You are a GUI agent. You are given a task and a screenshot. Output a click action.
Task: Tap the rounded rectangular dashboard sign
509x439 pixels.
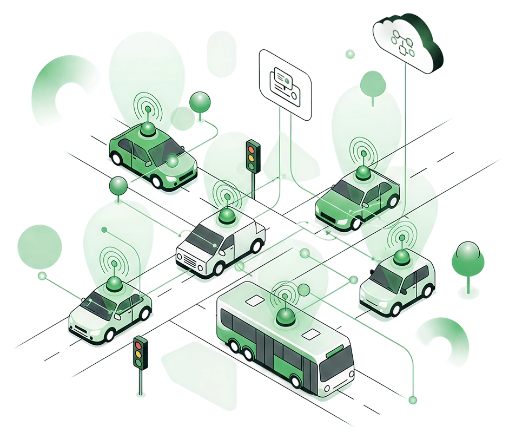point(286,84)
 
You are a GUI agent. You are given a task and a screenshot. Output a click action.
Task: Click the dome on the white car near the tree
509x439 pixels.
point(401,255)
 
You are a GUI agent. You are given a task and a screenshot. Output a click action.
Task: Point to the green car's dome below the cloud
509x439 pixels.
point(363,173)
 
